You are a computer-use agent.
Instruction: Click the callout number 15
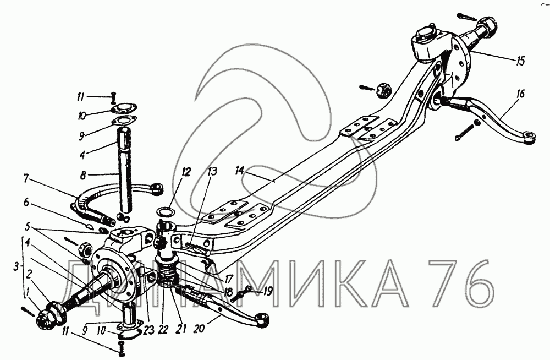520,61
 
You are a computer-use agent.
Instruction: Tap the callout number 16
520,94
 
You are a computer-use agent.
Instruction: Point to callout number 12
186,172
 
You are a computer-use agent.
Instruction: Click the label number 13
212,171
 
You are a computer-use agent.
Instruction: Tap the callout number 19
267,291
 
